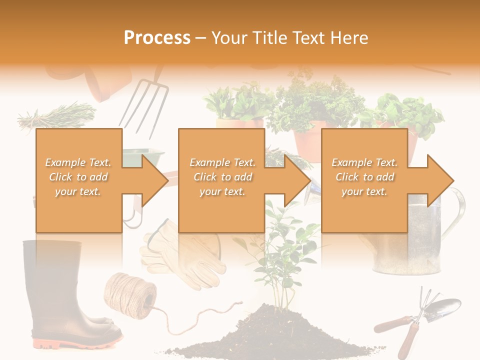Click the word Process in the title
point(157,38)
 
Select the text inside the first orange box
point(78,177)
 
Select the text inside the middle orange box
point(222,177)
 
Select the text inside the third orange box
point(364,177)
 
